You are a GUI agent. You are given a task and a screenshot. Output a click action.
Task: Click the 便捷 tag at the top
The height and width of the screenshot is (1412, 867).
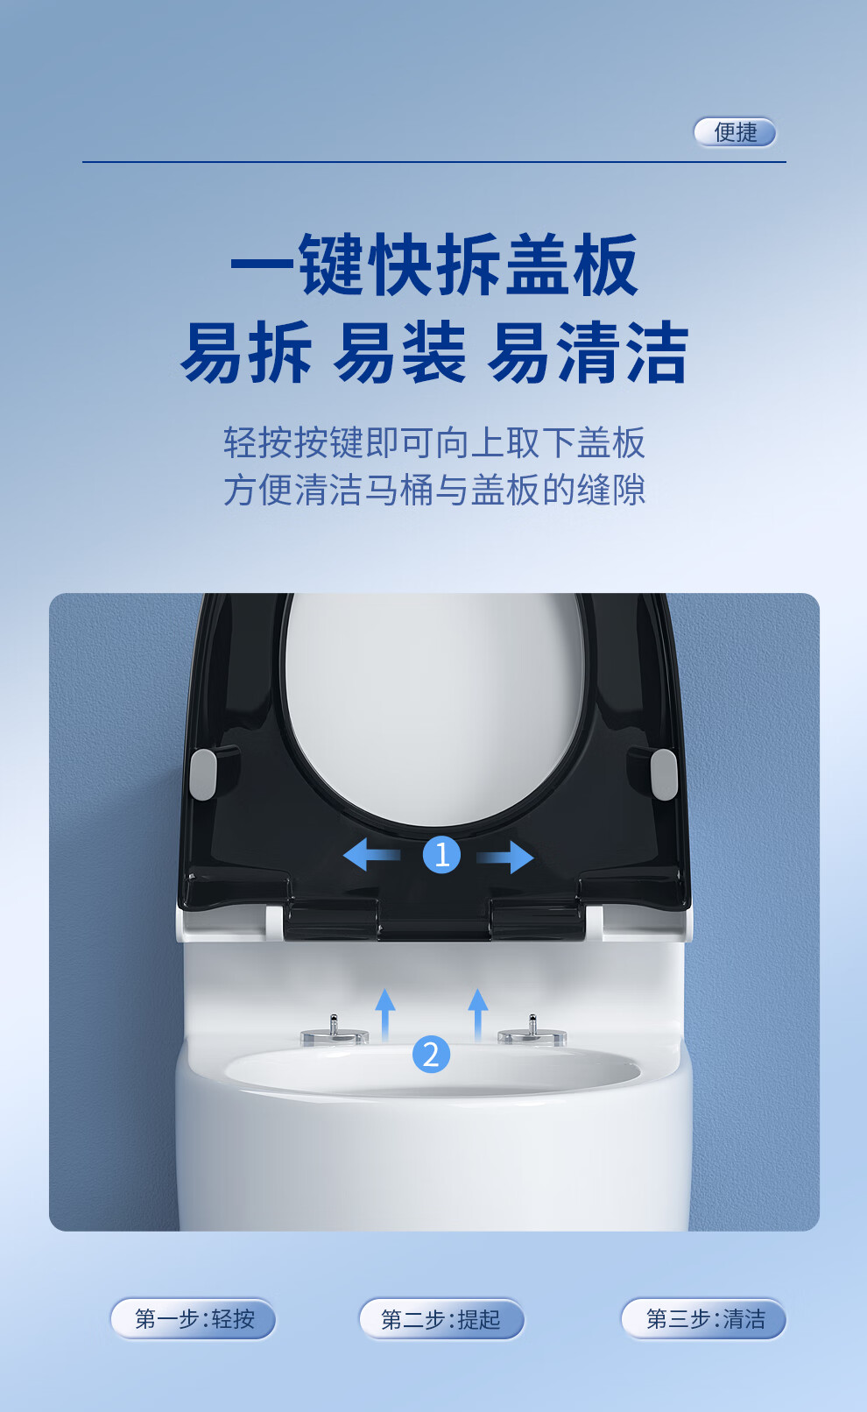pos(735,132)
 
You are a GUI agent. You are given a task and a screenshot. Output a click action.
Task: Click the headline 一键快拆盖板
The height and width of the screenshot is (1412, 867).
pos(434,265)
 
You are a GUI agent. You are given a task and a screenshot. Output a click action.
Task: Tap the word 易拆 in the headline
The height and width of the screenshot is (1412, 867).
pos(246,352)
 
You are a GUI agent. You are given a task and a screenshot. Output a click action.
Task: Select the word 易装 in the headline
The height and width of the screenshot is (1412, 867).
pos(400,352)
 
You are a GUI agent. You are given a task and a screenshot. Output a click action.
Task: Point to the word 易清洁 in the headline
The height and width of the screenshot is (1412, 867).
pos(588,352)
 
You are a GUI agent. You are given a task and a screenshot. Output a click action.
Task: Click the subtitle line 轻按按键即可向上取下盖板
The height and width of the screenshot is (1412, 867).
pos(434,442)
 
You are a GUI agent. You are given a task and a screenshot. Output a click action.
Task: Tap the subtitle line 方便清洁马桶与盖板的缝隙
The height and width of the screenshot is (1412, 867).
pos(434,491)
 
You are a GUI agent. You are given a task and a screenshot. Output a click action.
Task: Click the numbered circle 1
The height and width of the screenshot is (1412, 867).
pos(441,855)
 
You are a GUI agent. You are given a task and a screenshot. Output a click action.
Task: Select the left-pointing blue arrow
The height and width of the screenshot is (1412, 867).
pos(371,855)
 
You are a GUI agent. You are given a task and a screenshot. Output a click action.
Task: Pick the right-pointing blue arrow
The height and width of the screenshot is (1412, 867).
pos(504,857)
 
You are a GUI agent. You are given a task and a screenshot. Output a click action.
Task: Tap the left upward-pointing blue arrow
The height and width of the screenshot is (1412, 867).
pos(385,1015)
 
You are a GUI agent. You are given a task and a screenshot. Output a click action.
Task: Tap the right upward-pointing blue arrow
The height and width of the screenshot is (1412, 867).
pos(478,1015)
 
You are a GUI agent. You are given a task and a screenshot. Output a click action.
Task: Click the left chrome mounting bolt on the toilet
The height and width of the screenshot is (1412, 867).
pos(334,1031)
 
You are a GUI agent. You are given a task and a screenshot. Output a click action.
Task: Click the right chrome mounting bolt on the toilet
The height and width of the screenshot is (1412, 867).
pos(532,1031)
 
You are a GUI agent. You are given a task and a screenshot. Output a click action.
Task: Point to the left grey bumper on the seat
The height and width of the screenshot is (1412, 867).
pos(203,774)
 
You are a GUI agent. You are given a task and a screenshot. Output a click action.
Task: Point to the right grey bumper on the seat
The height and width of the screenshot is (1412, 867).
pos(664,774)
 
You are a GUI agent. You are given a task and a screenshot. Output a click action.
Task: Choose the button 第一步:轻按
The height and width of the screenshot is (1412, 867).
pos(194,1318)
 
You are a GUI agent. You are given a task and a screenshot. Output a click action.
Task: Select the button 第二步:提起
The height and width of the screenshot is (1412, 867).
pos(441,1318)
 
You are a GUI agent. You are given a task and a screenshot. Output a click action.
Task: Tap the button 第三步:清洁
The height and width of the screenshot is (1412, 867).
pos(704,1318)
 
